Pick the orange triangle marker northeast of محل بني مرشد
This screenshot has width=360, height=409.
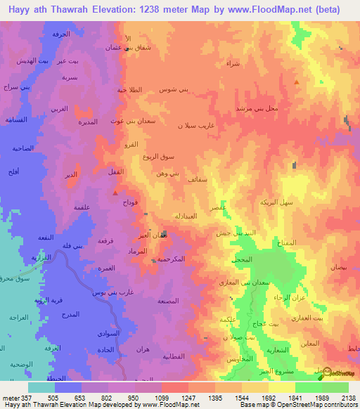(297, 82)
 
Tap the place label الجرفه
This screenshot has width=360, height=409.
(61, 34)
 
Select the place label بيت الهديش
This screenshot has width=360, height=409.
(34, 60)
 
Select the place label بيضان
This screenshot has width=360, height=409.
(339, 268)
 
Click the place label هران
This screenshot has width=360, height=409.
(140, 349)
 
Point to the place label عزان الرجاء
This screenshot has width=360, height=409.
(286, 298)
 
